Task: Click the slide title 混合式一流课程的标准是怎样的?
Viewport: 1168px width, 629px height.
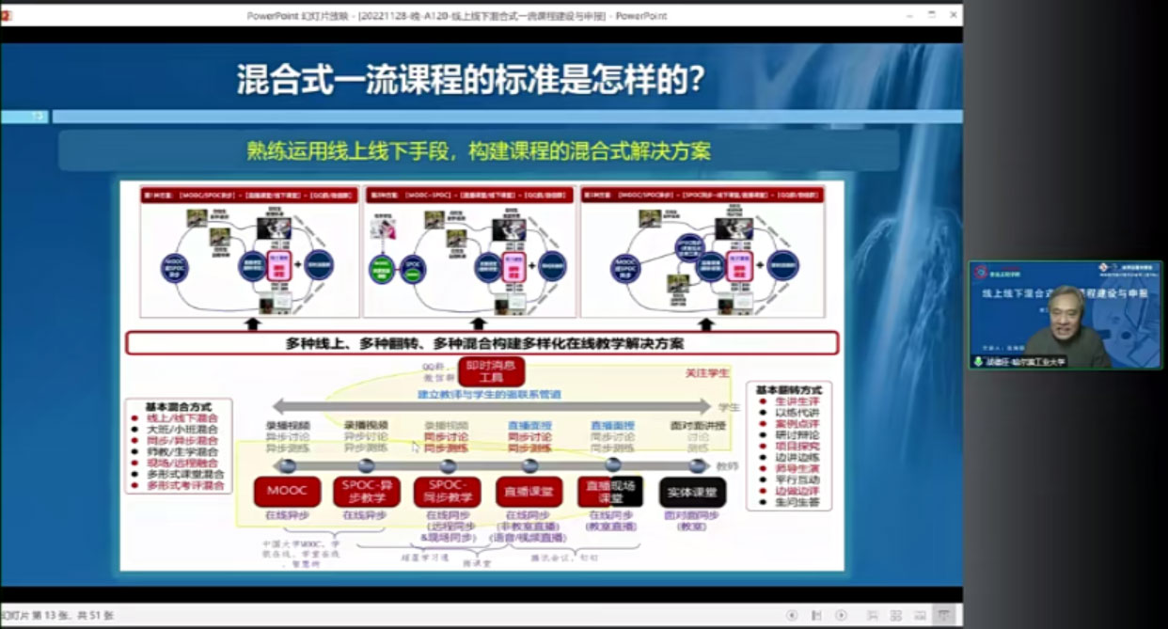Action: [470, 79]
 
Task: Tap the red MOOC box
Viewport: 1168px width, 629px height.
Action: [287, 491]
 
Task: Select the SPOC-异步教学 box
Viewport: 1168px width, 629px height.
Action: [366, 491]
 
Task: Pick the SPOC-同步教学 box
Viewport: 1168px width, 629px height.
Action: [447, 491]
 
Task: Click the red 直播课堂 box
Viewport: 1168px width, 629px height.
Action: [529, 491]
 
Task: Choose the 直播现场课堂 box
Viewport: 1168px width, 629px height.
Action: [610, 491]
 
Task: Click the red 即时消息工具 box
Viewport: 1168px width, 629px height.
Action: [491, 371]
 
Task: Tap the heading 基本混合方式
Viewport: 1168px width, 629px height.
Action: [179, 407]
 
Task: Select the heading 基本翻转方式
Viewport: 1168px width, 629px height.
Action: [789, 389]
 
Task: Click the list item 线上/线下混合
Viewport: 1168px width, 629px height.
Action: [182, 418]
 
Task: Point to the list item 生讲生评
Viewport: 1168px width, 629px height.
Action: [797, 401]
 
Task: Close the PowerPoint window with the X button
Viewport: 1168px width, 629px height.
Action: [954, 15]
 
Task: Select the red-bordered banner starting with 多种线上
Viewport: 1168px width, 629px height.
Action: [481, 343]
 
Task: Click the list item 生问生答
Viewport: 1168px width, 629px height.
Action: [797, 503]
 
